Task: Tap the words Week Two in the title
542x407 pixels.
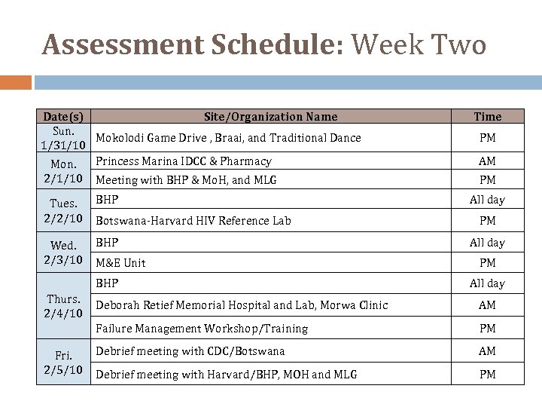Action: click(418, 46)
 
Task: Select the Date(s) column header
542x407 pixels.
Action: click(63, 116)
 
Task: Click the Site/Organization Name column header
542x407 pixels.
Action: click(271, 116)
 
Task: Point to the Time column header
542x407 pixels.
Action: click(487, 116)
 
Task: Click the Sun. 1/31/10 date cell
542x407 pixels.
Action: click(63, 137)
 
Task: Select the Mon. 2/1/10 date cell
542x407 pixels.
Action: click(63, 170)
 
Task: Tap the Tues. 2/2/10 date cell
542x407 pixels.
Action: click(63, 211)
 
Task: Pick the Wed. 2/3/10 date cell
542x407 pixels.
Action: click(63, 252)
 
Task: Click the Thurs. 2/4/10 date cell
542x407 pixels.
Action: click(63, 305)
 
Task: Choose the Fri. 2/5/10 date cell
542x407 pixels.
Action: click(63, 363)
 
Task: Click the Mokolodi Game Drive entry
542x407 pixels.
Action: click(228, 138)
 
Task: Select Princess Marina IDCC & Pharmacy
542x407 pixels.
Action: click(184, 161)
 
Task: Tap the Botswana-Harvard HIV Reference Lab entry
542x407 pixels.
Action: click(193, 221)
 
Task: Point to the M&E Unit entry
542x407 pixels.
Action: click(120, 263)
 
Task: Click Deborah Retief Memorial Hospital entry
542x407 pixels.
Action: click(242, 305)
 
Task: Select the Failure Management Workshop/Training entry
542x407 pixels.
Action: click(202, 329)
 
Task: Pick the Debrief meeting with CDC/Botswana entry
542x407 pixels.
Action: click(190, 351)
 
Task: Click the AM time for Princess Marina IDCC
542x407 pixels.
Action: click(487, 161)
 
